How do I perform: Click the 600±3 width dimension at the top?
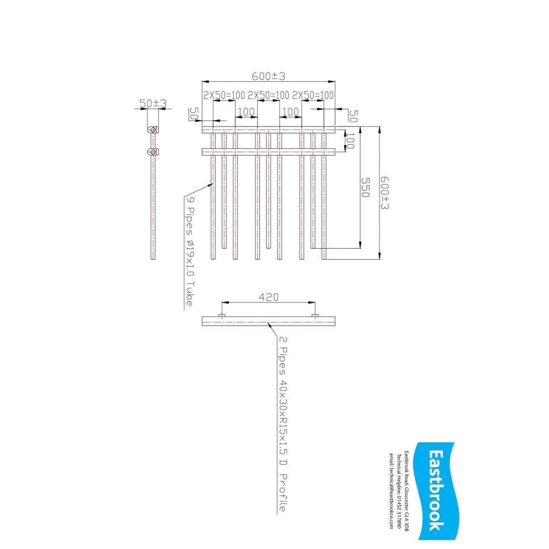pyautogui.click(x=269, y=76)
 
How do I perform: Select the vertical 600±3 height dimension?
pyautogui.click(x=385, y=193)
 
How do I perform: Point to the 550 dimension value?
pyautogui.click(x=365, y=187)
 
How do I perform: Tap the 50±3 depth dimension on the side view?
pyautogui.click(x=153, y=104)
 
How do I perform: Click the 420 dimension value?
pyautogui.click(x=269, y=297)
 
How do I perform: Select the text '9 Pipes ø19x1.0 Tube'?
pyautogui.click(x=189, y=251)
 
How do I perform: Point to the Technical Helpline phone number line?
pyautogui.click(x=399, y=491)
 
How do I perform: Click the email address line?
pyautogui.click(x=392, y=491)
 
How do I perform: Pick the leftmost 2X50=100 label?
pyautogui.click(x=224, y=95)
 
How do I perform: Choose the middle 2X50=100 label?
pyautogui.click(x=269, y=95)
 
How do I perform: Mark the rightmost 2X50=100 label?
pyautogui.click(x=313, y=95)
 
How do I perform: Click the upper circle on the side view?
pyautogui.click(x=153, y=130)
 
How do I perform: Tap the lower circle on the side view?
pyautogui.click(x=153, y=151)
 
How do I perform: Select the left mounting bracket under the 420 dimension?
pyautogui.click(x=222, y=315)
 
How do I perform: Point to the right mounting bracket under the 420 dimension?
pyautogui.click(x=315, y=315)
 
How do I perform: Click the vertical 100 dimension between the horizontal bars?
pyautogui.click(x=350, y=141)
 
